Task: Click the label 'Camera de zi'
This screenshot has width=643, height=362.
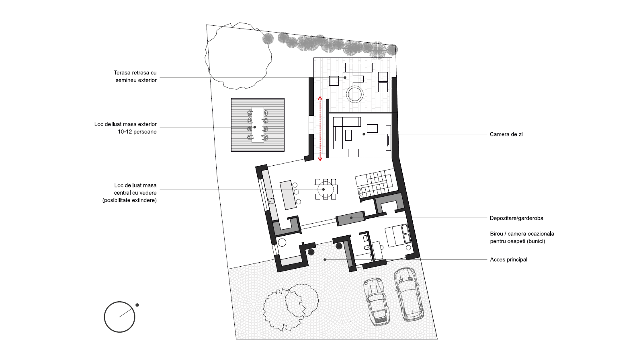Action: tap(506, 134)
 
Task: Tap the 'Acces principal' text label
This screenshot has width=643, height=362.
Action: tap(509, 260)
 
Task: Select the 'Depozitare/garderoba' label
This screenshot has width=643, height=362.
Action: tap(516, 218)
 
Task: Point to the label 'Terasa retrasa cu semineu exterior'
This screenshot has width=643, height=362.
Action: tap(135, 76)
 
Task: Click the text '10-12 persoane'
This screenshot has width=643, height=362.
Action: tap(137, 132)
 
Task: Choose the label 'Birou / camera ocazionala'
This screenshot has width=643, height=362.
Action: tap(522, 234)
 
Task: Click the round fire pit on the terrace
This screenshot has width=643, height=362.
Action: tap(354, 94)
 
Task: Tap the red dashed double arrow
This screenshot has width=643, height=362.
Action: tap(320, 128)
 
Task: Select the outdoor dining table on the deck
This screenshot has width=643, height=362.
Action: tap(258, 125)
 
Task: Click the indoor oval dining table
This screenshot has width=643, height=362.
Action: tap(326, 189)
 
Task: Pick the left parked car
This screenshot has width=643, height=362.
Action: tap(376, 302)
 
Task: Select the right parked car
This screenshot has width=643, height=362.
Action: tap(408, 294)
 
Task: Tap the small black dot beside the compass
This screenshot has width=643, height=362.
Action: tap(137, 305)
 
